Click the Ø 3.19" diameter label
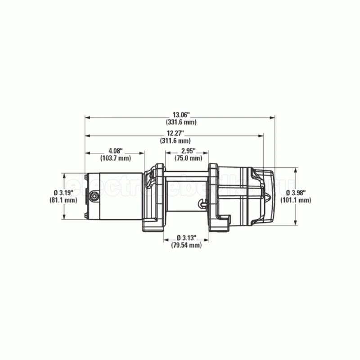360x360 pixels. click(x=62, y=193)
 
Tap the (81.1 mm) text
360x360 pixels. click(x=62, y=200)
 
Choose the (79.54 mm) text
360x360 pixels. click(x=186, y=245)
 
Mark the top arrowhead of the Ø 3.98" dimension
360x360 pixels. click(x=296, y=170)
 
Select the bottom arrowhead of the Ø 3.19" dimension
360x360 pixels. click(x=64, y=217)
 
